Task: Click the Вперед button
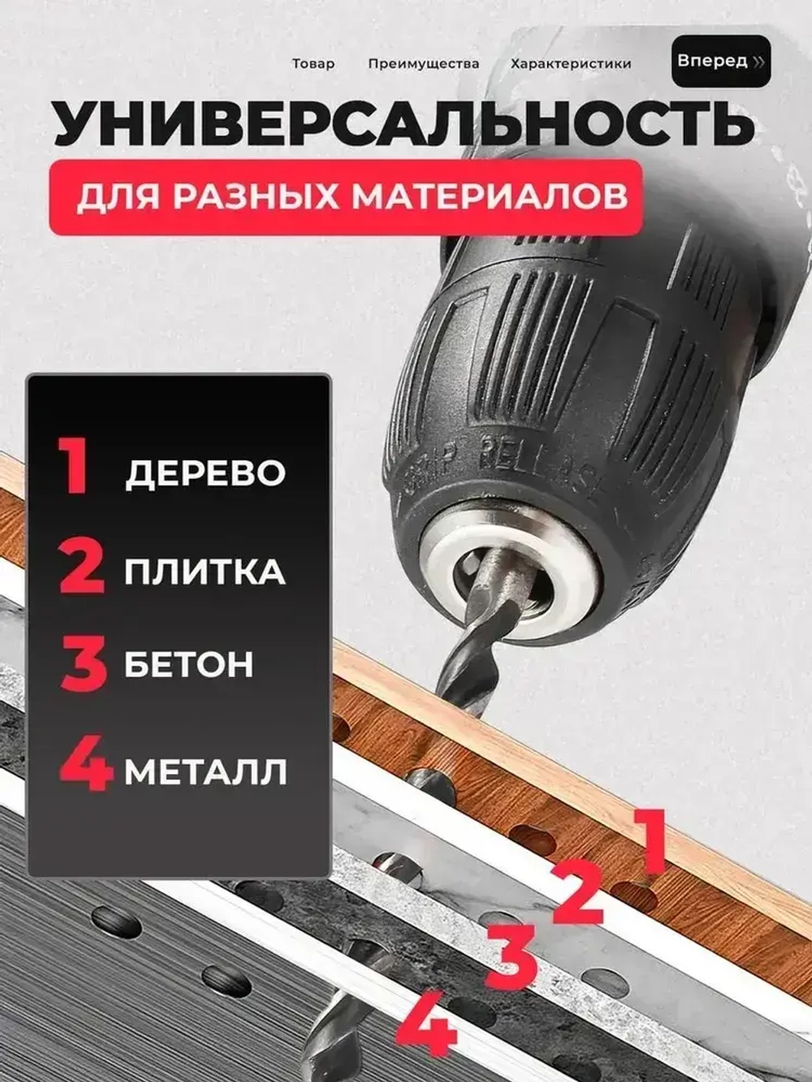click(720, 62)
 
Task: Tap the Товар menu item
click(313, 64)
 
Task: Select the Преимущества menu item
click(423, 64)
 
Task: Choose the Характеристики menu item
click(571, 64)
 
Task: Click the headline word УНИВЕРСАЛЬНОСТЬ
click(404, 123)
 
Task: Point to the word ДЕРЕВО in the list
click(205, 474)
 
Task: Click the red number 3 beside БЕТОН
click(84, 663)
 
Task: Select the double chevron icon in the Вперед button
click(758, 63)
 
